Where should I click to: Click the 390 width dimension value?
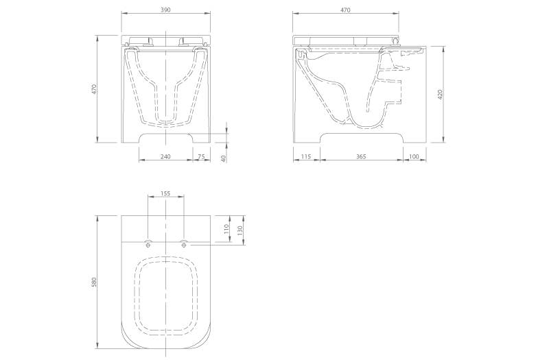pyautogui.click(x=165, y=10)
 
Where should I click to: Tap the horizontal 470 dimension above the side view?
pyautogui.click(x=345, y=10)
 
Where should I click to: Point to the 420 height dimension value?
pyautogui.click(x=440, y=95)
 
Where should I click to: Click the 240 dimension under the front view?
pyautogui.click(x=165, y=157)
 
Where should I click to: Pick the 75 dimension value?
pyautogui.click(x=201, y=157)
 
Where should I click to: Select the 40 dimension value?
pyautogui.click(x=223, y=158)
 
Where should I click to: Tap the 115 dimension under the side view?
pyautogui.click(x=306, y=157)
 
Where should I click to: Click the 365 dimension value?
pyautogui.click(x=362, y=157)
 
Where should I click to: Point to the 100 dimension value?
pyautogui.click(x=414, y=157)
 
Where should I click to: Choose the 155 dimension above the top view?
pyautogui.click(x=165, y=194)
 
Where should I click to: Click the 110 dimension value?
pyautogui.click(x=227, y=229)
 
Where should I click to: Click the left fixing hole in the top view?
pyautogui.click(x=148, y=243)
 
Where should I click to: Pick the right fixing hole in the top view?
pyautogui.click(x=183, y=243)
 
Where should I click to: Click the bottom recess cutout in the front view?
pyautogui.click(x=165, y=138)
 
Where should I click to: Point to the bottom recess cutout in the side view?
pyautogui.click(x=362, y=138)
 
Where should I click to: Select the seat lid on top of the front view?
pyautogui.click(x=165, y=40)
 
